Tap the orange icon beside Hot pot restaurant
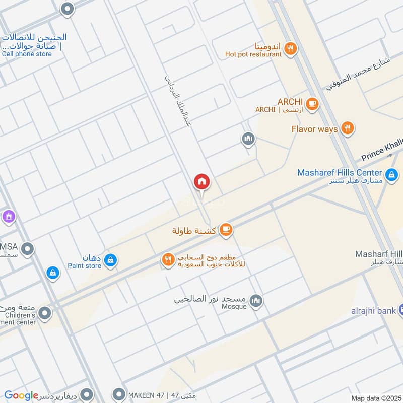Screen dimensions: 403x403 point(290,49)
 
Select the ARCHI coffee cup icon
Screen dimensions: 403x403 point(312,103)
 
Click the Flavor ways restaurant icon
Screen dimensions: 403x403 point(347,128)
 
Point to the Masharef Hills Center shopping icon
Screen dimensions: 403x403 point(391,176)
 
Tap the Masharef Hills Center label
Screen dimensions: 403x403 point(340,172)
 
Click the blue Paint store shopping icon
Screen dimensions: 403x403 point(111,260)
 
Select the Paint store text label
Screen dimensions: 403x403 point(84,266)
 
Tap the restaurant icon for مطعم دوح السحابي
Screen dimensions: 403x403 point(168,260)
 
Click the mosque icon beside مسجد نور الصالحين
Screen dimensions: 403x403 point(256,301)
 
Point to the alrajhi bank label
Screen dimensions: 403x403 point(373,311)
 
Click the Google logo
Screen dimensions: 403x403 point(21,395)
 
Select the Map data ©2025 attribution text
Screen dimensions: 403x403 point(375,398)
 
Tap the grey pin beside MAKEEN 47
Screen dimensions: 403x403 point(119,393)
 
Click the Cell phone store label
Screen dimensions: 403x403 point(27,54)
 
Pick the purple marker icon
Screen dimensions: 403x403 point(8,217)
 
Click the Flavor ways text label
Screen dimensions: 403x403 point(314,129)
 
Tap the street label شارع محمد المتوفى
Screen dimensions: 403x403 point(358,74)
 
